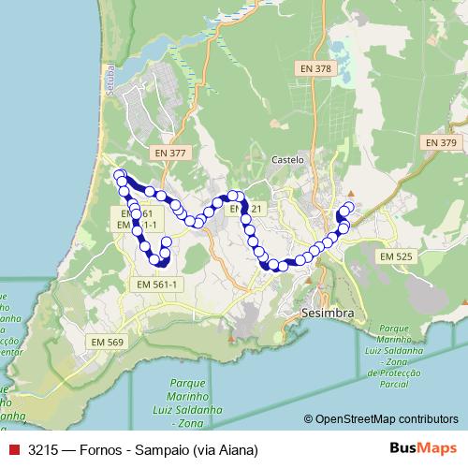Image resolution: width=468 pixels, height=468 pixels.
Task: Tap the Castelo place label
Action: click(287, 160)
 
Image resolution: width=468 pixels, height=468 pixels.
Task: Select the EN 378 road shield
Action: click(315, 68)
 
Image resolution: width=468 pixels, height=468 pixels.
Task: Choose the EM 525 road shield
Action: click(397, 256)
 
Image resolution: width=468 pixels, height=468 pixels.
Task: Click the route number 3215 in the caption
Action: click(42, 450)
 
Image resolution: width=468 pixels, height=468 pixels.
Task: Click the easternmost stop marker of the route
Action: click(351, 207)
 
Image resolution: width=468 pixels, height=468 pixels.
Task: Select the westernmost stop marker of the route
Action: click(119, 175)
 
